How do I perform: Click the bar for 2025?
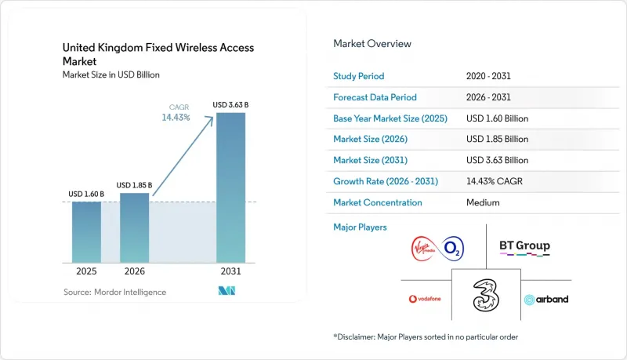(86, 232)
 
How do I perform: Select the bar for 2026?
(134, 228)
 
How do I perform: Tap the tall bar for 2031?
(230, 187)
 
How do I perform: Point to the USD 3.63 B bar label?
(230, 105)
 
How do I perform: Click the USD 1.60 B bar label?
(86, 194)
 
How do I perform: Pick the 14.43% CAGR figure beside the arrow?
(176, 117)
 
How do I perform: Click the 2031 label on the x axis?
(230, 271)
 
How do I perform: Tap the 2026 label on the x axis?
(134, 271)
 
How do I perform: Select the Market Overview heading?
(372, 44)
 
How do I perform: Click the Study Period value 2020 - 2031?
(488, 76)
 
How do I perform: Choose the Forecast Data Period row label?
(375, 97)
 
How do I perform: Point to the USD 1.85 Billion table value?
(497, 139)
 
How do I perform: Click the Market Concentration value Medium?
(483, 202)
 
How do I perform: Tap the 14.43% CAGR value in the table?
(495, 181)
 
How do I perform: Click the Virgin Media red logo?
(424, 249)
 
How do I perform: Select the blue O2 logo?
(452, 249)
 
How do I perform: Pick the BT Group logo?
(524, 247)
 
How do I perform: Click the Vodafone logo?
(425, 299)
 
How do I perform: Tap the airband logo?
(546, 299)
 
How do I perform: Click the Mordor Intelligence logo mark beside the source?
(227, 291)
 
